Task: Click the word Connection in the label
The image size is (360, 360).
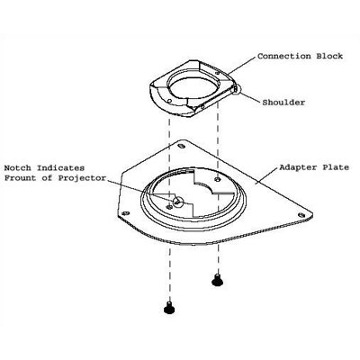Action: click(284, 56)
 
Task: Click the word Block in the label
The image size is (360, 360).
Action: click(329, 56)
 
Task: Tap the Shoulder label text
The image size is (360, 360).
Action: click(283, 103)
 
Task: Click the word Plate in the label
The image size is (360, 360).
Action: click(336, 167)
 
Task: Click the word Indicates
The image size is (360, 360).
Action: click(60, 168)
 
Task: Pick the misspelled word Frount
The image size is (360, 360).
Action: click(20, 178)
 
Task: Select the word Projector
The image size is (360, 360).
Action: click(82, 178)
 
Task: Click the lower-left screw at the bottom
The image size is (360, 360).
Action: click(169, 308)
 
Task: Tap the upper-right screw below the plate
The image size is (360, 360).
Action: click(217, 280)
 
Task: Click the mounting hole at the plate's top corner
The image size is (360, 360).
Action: click(181, 146)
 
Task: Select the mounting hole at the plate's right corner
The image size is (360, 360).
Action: click(301, 215)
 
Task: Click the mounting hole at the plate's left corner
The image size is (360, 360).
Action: click(125, 213)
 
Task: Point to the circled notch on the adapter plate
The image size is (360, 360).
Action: click(178, 202)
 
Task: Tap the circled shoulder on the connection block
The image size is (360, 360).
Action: click(236, 88)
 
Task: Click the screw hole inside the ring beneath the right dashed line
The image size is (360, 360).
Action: click(218, 179)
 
